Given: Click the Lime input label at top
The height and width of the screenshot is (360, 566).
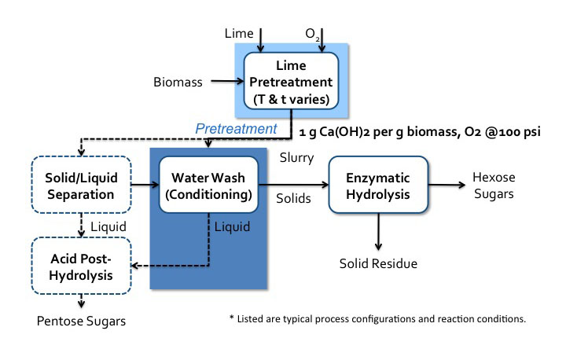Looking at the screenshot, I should (240, 34).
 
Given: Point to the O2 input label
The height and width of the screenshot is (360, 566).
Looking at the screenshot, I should (311, 35).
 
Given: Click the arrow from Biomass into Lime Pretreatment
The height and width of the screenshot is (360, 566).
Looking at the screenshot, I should (224, 79).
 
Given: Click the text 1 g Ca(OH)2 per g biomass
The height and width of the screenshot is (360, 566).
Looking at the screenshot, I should (369, 130).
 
